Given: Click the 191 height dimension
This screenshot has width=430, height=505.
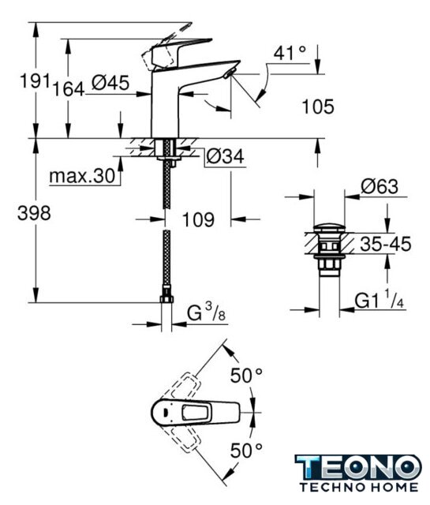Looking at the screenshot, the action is (x=35, y=80).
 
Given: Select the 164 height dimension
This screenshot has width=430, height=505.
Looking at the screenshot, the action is (x=69, y=88).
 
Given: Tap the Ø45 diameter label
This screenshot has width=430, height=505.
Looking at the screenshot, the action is (x=110, y=82).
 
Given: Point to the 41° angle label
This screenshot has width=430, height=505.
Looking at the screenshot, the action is (x=290, y=53).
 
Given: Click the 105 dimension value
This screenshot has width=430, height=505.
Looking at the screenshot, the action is (x=318, y=107).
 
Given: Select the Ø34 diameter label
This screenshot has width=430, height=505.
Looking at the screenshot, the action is (x=225, y=156).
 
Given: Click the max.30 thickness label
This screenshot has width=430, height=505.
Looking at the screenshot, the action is (x=82, y=176).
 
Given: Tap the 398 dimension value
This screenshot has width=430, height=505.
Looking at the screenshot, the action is (x=34, y=213).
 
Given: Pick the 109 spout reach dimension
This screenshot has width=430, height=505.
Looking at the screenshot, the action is (x=198, y=219).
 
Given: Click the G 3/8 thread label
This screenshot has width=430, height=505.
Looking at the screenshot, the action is (x=207, y=312).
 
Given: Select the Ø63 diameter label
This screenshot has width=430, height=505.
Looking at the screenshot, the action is (x=380, y=186).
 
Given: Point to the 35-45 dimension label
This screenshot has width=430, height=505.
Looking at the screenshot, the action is (x=386, y=244).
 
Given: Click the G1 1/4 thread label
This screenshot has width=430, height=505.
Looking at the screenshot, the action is (x=379, y=300).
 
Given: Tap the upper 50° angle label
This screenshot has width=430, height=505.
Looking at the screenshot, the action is (x=246, y=376).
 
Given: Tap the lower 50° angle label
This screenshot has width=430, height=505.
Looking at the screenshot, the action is (x=246, y=450).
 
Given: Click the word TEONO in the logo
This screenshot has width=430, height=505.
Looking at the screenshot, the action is (x=358, y=467).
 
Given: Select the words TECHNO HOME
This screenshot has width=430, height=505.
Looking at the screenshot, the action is (x=359, y=487).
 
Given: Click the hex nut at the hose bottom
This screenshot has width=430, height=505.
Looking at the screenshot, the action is (x=166, y=299).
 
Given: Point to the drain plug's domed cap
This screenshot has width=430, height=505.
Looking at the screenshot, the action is (x=329, y=227).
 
